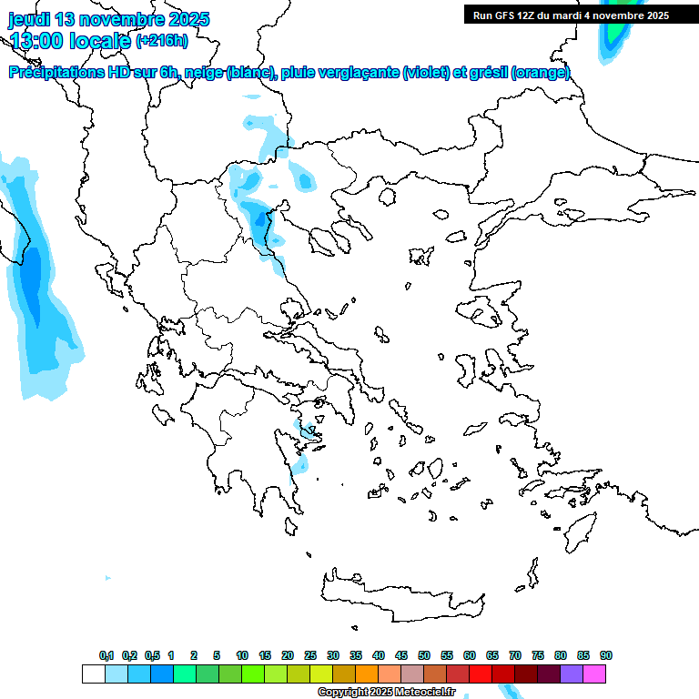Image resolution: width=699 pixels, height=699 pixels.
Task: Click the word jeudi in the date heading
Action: (x=32, y=19)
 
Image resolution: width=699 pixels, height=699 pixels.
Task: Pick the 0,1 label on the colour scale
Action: (x=106, y=655)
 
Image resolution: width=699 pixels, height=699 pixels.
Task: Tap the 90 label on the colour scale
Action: (x=606, y=655)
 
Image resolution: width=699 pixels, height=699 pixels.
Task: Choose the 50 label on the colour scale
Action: (x=424, y=655)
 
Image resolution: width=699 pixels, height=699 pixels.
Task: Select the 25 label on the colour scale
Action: (x=310, y=655)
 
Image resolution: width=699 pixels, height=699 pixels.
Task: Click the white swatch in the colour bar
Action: (x=93, y=674)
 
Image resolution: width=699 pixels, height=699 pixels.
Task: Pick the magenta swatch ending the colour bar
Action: (x=594, y=674)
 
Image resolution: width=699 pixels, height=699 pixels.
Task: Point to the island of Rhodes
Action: (x=579, y=528)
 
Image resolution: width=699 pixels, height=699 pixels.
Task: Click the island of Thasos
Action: (x=387, y=197)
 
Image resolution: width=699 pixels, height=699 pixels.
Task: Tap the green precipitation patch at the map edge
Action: (x=616, y=27)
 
